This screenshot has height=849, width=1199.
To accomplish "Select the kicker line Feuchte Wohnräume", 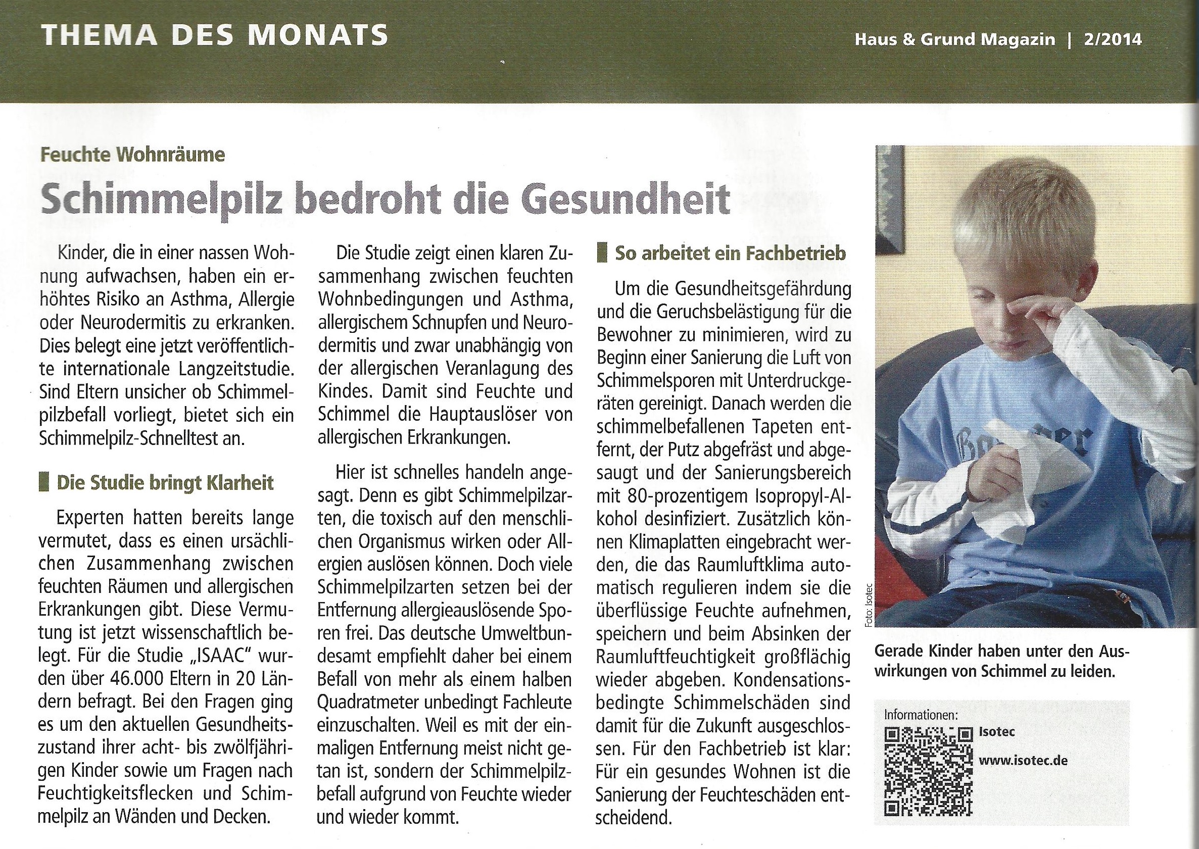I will click(133, 155).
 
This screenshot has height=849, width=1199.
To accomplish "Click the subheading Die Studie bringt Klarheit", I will click(165, 482).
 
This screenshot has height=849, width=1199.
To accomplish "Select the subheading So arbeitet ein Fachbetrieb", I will click(730, 254).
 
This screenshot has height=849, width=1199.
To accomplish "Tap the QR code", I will click(928, 772).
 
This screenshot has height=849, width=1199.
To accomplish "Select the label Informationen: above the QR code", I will click(921, 715).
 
